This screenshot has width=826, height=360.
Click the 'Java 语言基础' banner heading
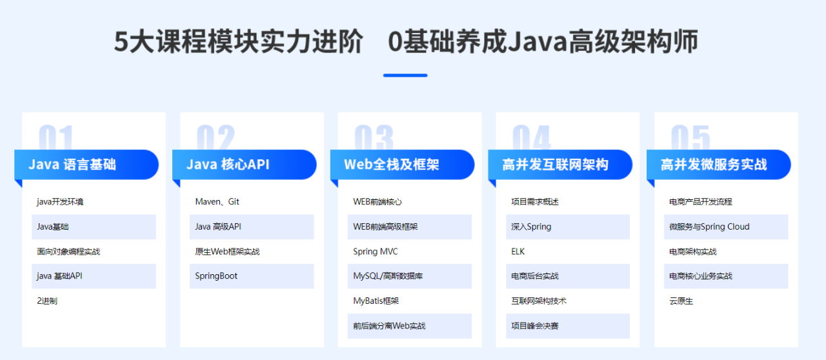pos(72,165)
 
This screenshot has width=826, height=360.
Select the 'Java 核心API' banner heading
pos(228,165)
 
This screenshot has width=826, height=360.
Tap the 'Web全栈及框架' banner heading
pos(392,165)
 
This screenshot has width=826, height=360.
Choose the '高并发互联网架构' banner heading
pos(556,165)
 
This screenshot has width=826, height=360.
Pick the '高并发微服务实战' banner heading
pos(714,165)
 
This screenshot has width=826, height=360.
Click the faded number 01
pos(56,137)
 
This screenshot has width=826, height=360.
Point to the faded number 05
pos(690,137)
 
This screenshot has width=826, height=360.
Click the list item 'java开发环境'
pos(60,202)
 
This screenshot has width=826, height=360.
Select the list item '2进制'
pos(47,301)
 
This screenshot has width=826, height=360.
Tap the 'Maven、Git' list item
pos(217,202)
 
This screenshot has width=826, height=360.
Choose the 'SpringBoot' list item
pos(216,276)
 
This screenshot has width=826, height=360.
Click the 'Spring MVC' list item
pos(376,252)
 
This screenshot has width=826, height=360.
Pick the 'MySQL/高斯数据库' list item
pos(388,276)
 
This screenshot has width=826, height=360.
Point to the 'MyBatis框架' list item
pos(376,301)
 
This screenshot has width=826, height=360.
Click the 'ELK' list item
pos(518,252)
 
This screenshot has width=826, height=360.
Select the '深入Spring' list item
pos(531,226)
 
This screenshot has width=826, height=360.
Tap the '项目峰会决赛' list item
pos(535,326)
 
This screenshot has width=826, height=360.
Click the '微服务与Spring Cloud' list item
pos(709,226)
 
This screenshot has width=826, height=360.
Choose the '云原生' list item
pos(681,301)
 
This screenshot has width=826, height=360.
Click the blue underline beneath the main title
pos(405,75)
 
